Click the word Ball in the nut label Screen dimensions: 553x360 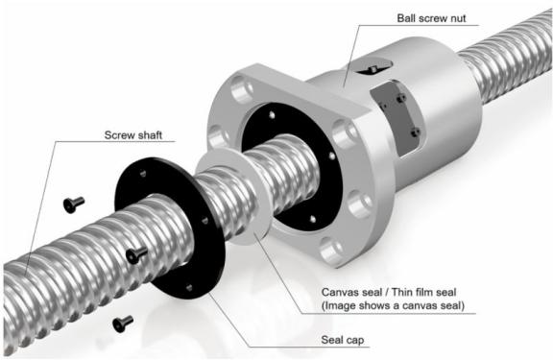[x=405, y=18]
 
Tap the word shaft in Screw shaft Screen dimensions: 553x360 [x=148, y=135]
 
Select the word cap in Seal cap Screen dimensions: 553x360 [x=355, y=341]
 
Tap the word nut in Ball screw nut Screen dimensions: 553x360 [x=457, y=18]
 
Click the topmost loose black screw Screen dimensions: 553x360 [x=74, y=204]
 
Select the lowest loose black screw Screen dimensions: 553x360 [x=123, y=324]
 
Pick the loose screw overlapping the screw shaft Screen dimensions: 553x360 [x=136, y=254]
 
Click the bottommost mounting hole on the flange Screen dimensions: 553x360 [x=331, y=251]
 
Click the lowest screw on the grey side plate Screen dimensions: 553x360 [x=415, y=132]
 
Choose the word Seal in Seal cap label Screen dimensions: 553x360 [x=332, y=340]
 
